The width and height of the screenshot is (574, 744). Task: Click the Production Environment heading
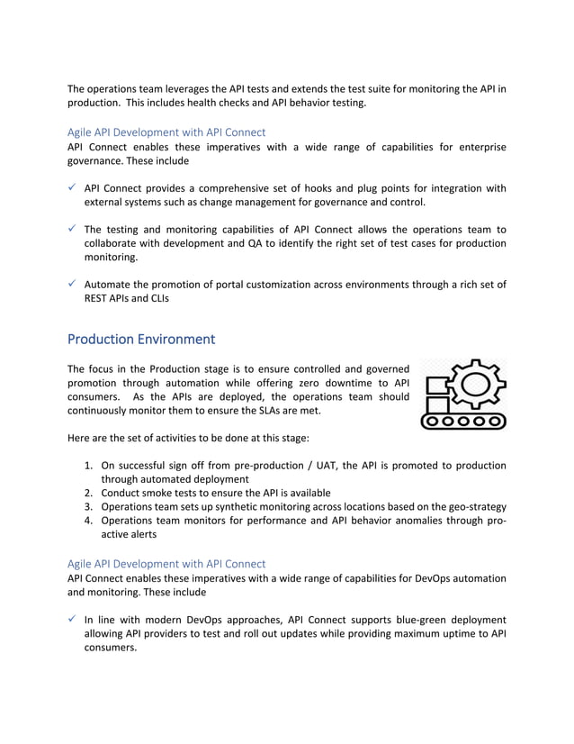point(141,340)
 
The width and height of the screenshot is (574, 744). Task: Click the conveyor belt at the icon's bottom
point(464,420)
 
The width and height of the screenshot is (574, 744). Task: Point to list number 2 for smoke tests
point(89,493)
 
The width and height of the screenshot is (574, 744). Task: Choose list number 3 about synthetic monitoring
point(89,506)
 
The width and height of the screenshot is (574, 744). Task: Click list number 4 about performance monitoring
point(89,520)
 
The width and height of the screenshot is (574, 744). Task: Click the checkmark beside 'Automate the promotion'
point(73,285)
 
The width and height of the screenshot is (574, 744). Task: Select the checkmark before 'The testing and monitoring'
point(73,229)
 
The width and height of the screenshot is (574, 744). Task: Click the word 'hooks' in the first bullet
point(322,188)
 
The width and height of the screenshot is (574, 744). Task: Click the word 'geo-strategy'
point(474,506)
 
